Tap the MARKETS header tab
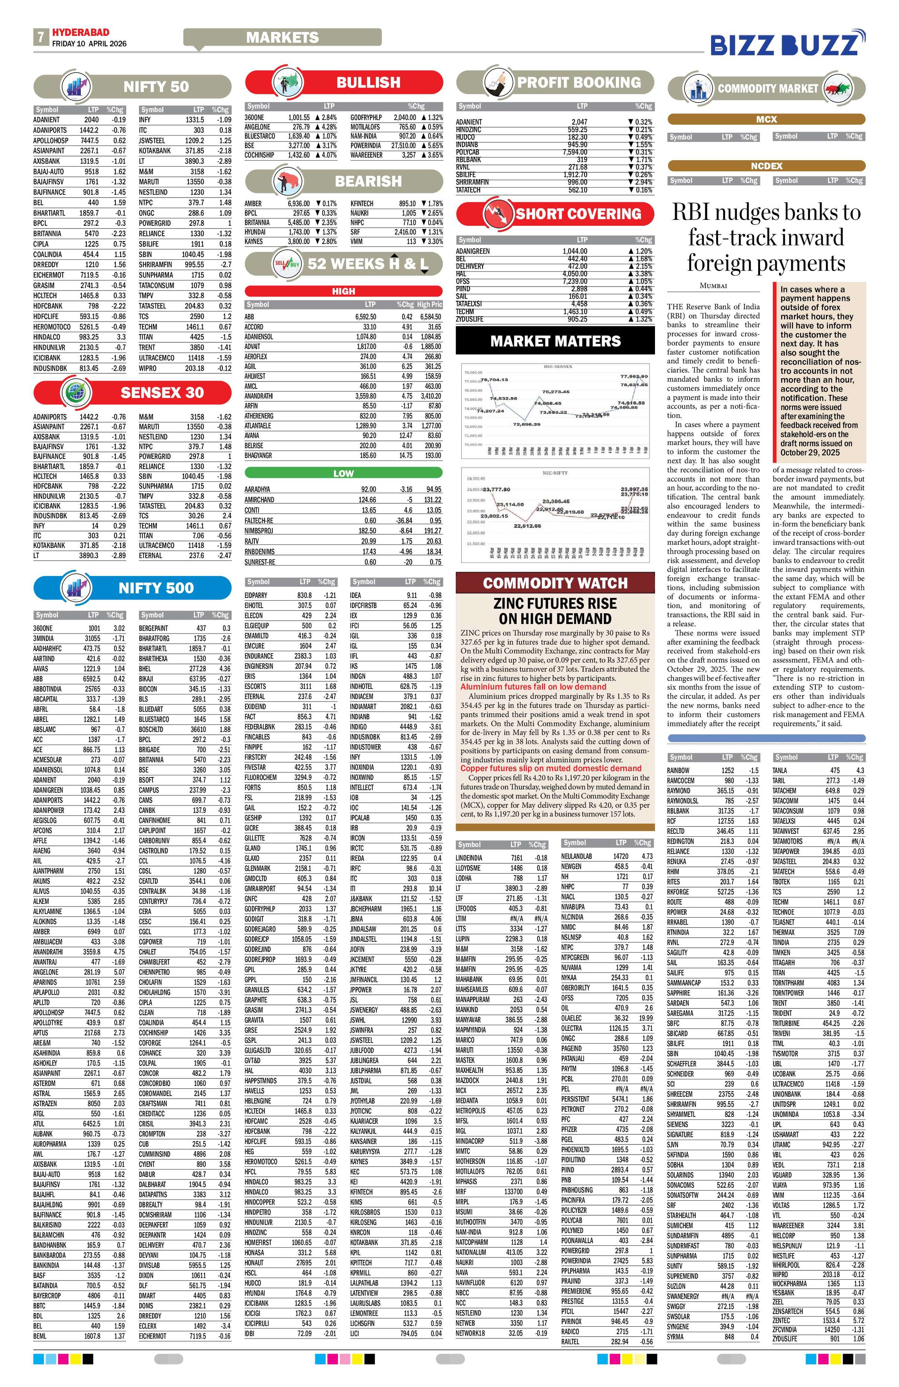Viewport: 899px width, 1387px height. point(282,37)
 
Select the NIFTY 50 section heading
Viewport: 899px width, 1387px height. point(156,87)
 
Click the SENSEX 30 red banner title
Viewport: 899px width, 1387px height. point(162,393)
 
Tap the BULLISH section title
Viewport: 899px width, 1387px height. point(368,83)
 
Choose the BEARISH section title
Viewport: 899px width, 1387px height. point(368,181)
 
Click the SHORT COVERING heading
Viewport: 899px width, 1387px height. point(578,214)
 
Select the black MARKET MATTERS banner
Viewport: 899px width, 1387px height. point(555,341)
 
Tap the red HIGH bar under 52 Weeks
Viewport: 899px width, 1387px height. point(343,291)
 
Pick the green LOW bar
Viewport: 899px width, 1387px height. point(343,473)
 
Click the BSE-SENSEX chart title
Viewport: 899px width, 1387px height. point(558,367)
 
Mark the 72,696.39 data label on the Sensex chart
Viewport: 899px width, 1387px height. point(527,424)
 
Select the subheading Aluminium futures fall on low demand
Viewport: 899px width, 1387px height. point(533,687)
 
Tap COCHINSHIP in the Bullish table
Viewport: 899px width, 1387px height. point(260,155)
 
